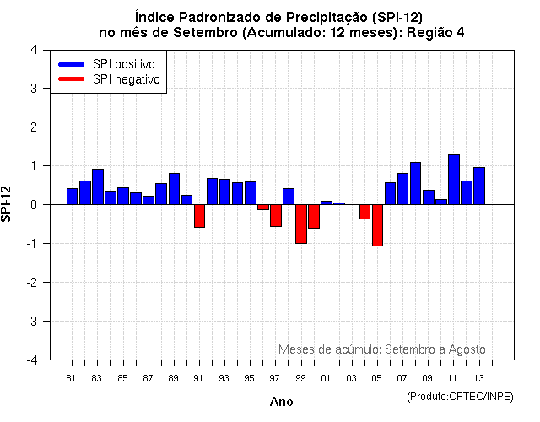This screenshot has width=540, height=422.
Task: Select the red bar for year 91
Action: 199,216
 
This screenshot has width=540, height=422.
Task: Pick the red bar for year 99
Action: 301,224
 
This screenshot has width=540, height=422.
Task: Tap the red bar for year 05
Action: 377,225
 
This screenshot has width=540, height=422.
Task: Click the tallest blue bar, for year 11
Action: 454,179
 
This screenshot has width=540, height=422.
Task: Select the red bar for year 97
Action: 276,215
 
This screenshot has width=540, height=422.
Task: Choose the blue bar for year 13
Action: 479,186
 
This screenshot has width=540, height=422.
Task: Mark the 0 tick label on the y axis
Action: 33,204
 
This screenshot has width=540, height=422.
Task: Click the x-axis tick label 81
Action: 72,377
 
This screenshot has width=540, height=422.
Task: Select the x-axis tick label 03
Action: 352,377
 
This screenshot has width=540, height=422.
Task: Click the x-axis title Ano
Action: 282,402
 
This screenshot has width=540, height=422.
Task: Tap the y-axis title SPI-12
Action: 8,204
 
